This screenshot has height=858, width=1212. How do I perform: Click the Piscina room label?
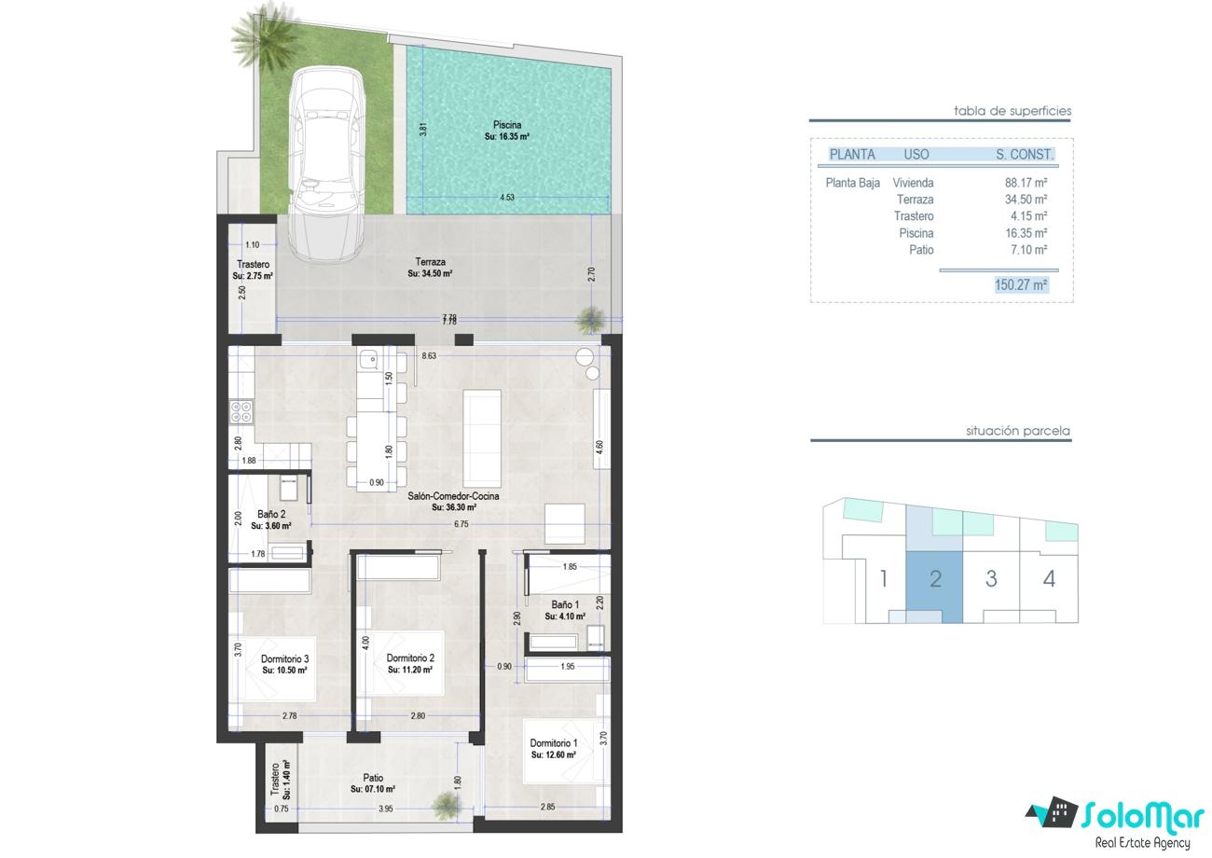pos(507,125)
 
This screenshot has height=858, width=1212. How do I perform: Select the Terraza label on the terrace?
pos(430,262)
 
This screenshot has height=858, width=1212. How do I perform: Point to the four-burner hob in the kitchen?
pos(241,411)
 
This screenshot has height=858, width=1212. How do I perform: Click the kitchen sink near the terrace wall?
pos(369,358)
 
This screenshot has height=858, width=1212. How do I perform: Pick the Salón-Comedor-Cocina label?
pos(453,496)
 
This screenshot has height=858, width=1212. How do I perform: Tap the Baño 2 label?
pos(271,514)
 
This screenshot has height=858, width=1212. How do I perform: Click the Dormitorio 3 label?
pos(284,658)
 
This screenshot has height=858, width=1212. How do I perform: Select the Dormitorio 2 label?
pos(410,658)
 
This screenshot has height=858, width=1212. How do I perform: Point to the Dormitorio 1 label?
pos(554,743)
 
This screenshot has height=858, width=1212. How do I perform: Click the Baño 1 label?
pos(565,604)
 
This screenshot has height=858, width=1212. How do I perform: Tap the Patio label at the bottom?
pos(373,778)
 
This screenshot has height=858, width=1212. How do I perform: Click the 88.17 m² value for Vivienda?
pos(1026,183)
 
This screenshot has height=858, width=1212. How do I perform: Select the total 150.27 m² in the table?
pos(1021,284)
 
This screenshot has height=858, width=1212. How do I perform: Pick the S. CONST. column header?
pos(1025,155)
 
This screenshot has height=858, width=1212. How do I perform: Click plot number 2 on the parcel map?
pos(935,579)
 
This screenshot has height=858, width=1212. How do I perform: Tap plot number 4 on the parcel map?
pos(1049,579)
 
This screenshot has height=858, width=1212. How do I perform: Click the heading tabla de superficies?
pos(1012,111)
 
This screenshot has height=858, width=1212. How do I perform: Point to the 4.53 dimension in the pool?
pos(507,198)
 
